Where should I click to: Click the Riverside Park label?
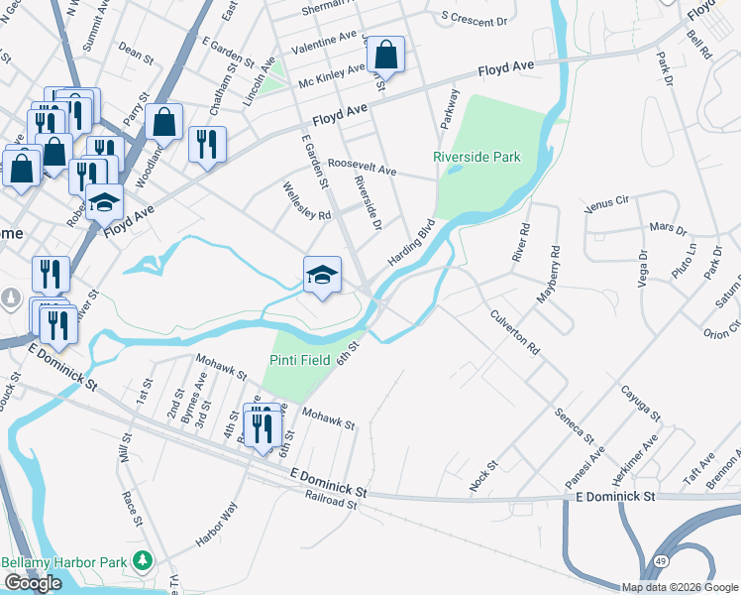[x=476, y=157]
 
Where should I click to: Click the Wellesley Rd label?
[x=306, y=200]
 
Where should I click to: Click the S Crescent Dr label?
[x=474, y=19]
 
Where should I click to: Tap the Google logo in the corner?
[x=33, y=583]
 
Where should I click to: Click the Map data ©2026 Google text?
[x=679, y=587]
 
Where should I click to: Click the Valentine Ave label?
[x=323, y=40]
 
